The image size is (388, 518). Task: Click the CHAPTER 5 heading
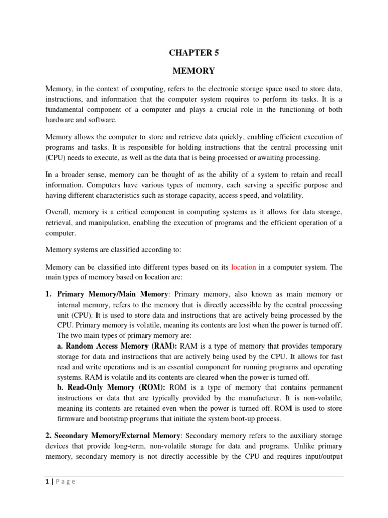(x=194, y=52)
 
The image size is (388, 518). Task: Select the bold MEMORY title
(x=194, y=71)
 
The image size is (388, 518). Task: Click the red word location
(x=244, y=267)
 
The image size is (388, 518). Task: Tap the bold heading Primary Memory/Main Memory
(x=113, y=294)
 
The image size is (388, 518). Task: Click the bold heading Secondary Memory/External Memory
(x=113, y=436)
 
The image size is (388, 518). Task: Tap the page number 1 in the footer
(x=47, y=482)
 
